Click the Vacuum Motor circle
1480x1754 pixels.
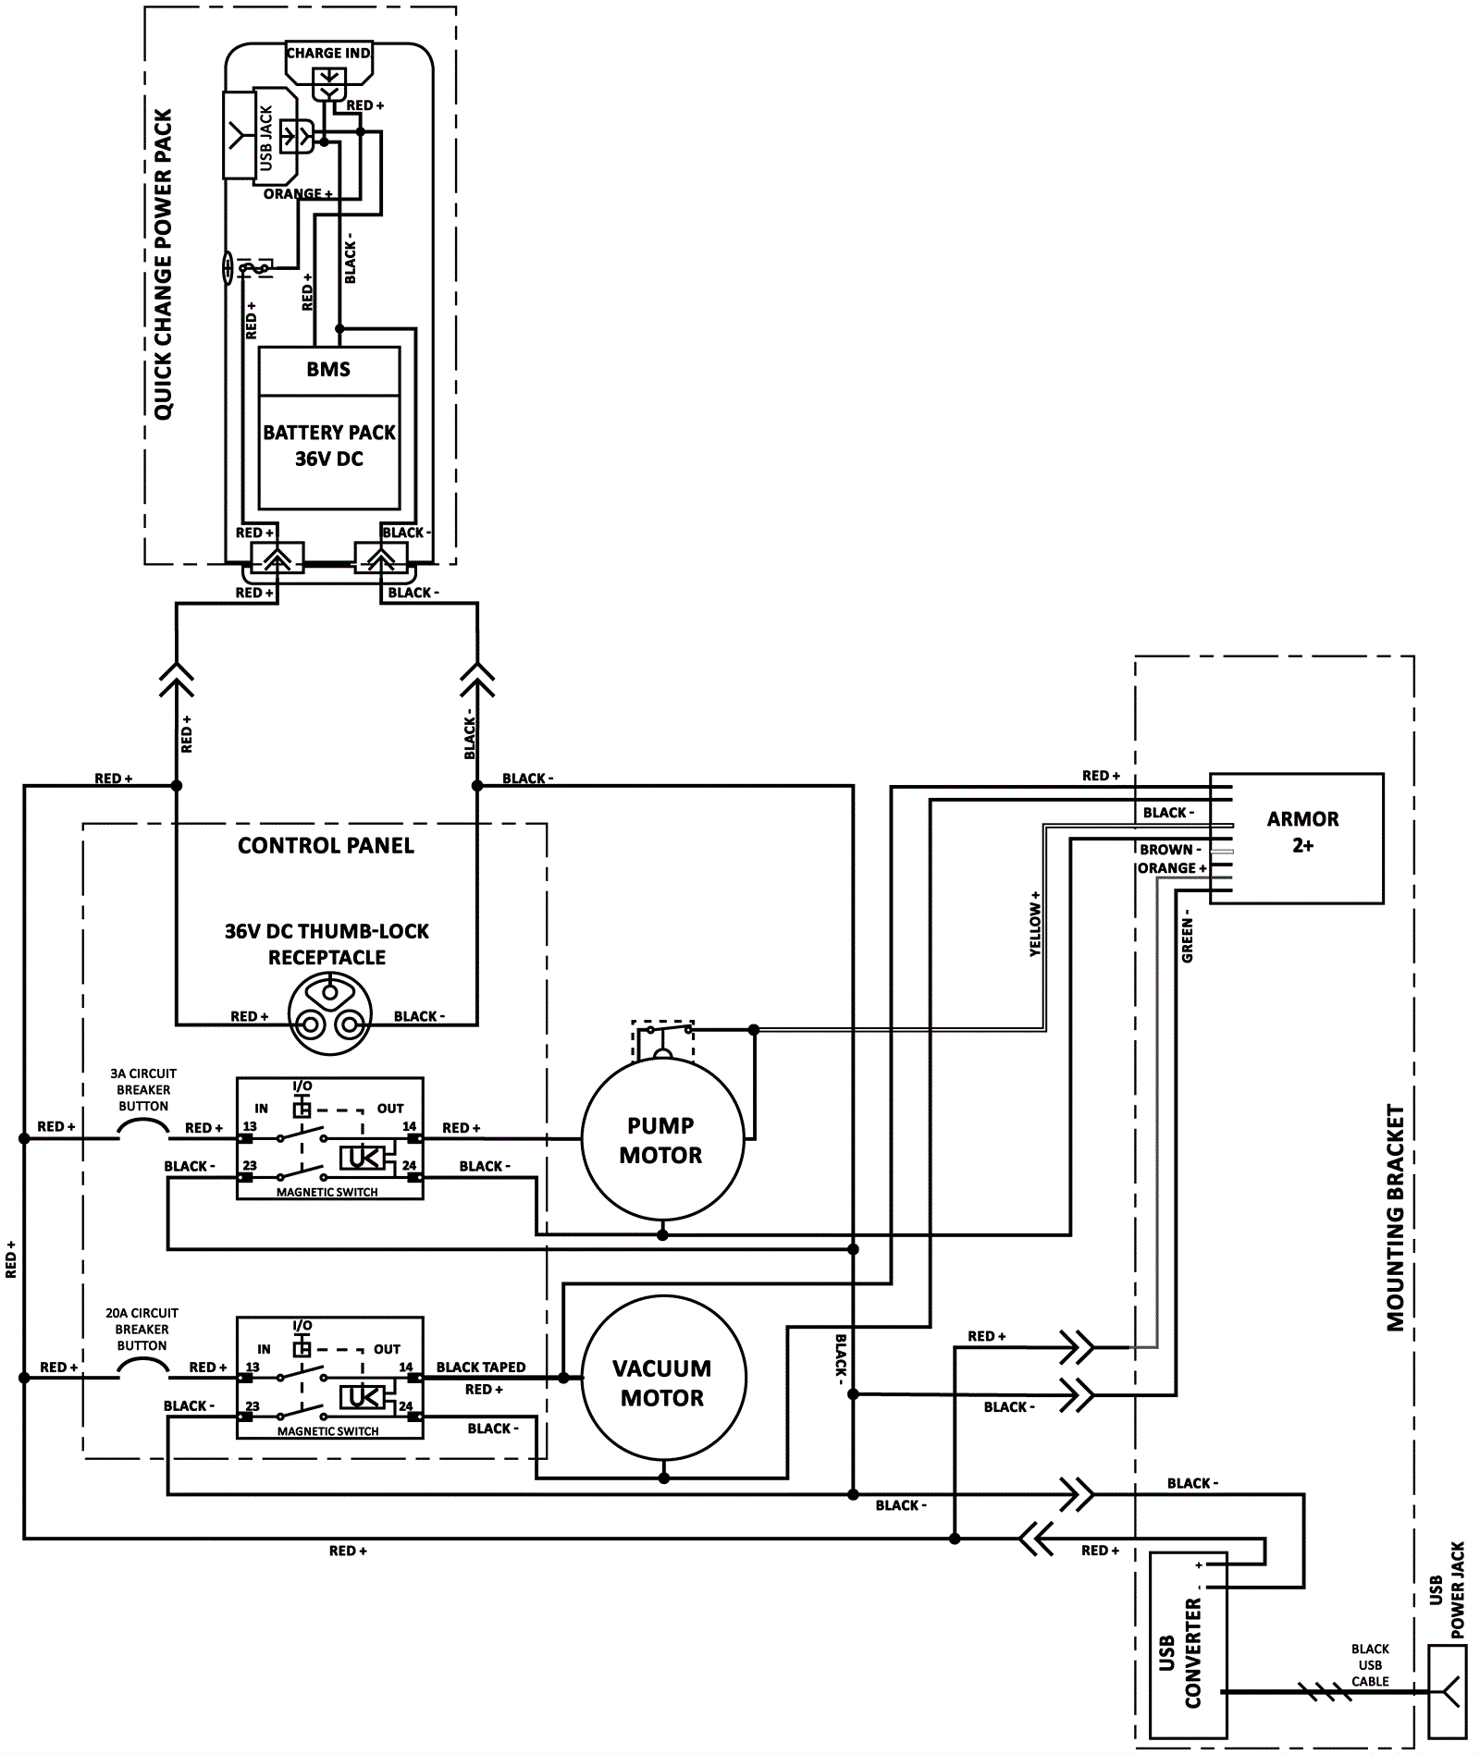pos(662,1382)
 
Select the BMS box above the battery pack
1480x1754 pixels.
pos(328,370)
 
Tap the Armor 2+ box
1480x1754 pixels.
pos(1302,832)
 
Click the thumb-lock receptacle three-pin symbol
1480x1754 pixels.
pos(328,1017)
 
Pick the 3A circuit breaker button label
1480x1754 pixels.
pos(143,1089)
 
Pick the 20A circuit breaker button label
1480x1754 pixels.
pos(142,1329)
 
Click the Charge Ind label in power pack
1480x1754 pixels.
pos(328,54)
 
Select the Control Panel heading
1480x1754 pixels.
pos(326,845)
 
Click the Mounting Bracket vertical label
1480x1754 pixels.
pos(1395,1218)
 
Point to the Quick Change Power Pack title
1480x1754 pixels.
pos(164,264)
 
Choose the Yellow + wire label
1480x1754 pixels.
pos(1035,923)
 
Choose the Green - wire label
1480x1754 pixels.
pos(1188,940)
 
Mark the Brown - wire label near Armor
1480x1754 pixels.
pos(1170,849)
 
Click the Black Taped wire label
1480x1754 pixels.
pos(481,1367)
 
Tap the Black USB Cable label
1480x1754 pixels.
pos(1370,1665)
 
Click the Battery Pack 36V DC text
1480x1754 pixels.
pos(328,446)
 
